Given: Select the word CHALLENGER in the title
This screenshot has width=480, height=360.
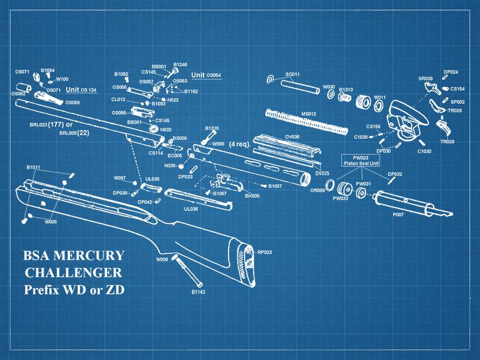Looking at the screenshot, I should pos(74,272).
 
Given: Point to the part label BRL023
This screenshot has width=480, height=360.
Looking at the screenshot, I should pos(39,125).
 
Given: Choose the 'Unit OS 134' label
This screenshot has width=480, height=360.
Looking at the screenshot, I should pos(81,90).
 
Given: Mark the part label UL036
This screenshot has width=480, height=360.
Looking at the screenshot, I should pos(191,209).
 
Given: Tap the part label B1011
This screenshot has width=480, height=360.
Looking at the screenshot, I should pos(33,167).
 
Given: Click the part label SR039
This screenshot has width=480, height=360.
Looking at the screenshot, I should pos(426,79).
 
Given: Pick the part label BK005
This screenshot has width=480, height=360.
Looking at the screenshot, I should pos(252,196).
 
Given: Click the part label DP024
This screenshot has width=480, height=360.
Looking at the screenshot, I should pos(451,72).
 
